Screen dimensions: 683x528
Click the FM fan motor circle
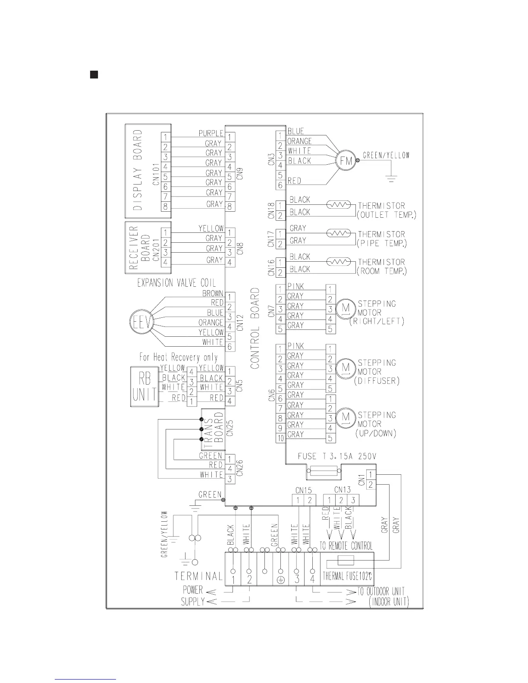click(x=345, y=161)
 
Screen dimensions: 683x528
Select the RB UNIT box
click(x=144, y=387)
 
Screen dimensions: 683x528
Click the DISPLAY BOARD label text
click(x=138, y=170)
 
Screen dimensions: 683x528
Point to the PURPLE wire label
click(x=211, y=134)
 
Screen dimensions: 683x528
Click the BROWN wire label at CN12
click(x=213, y=293)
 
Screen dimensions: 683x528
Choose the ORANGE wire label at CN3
click(x=299, y=141)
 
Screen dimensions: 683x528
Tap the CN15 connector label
click(x=304, y=490)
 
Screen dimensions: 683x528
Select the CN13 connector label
click(x=343, y=490)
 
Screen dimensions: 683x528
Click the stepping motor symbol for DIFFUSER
click(x=345, y=368)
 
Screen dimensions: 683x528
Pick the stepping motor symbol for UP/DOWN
click(x=345, y=417)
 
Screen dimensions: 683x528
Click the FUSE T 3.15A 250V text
click(x=334, y=456)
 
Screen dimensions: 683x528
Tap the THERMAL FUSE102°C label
click(x=347, y=576)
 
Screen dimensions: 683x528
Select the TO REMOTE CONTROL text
click(x=346, y=546)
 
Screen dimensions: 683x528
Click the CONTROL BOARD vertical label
click(x=255, y=329)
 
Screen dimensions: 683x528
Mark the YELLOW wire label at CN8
click(x=211, y=228)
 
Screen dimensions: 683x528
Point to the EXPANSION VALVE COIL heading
click(x=176, y=283)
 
